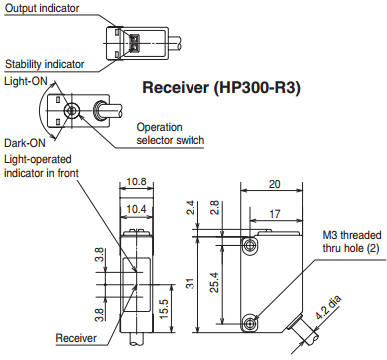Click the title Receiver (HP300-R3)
click(x=221, y=88)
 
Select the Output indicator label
click(x=42, y=8)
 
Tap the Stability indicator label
click(x=45, y=64)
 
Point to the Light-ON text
click(x=26, y=81)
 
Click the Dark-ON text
click(x=25, y=143)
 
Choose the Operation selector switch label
click(x=170, y=133)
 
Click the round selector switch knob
click(x=72, y=110)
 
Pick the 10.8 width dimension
click(x=137, y=182)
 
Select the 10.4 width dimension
click(x=136, y=209)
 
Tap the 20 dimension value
click(x=274, y=184)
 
